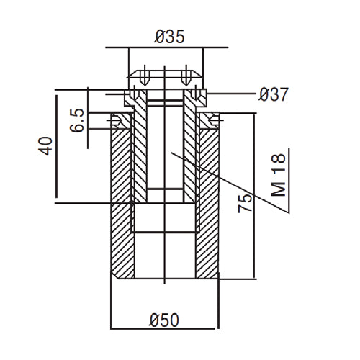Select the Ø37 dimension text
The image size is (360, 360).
tap(273, 94)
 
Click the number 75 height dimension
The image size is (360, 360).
tap(245, 201)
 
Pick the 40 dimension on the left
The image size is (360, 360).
tap(45, 146)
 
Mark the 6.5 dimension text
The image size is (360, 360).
tap(78, 120)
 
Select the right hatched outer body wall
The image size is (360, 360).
tap(210, 202)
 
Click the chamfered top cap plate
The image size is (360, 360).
tap(165, 75)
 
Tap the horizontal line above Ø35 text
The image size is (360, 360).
tap(165, 48)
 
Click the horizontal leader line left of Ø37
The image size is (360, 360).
tap(230, 94)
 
